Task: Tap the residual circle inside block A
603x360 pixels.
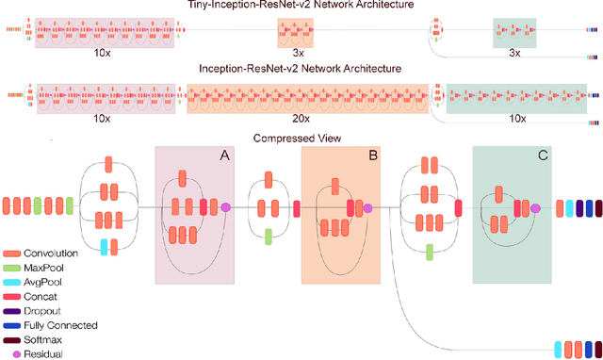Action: pos(224,207)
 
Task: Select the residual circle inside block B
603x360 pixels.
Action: pos(367,207)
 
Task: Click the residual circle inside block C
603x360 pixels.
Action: pos(535,207)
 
